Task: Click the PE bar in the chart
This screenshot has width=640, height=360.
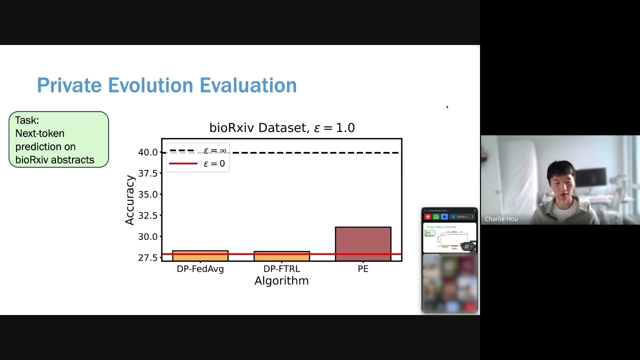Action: [x=363, y=243]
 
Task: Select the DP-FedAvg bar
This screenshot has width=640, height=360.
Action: [x=200, y=255]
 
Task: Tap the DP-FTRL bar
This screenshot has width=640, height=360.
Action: [x=281, y=256]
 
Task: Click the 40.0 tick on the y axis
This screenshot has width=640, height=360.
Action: [x=148, y=152]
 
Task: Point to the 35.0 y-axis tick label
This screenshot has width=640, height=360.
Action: [x=148, y=194]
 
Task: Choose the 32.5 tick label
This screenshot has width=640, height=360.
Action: [x=148, y=215]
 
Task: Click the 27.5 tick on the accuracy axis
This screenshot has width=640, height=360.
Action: [x=148, y=257]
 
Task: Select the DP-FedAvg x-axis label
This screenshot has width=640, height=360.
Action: [x=200, y=269]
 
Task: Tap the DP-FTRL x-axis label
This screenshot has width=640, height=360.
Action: [x=281, y=269]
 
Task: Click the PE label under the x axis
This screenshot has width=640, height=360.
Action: [x=363, y=269]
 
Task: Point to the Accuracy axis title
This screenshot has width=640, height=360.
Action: [x=130, y=200]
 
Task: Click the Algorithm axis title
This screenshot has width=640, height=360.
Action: [x=281, y=281]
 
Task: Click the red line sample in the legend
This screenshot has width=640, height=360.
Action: [x=183, y=163]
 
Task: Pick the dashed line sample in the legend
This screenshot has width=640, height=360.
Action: [x=183, y=150]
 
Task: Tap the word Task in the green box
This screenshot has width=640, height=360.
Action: [x=26, y=120]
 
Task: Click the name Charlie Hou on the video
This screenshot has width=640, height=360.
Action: [x=501, y=219]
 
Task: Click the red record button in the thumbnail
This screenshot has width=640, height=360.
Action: [x=427, y=217]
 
